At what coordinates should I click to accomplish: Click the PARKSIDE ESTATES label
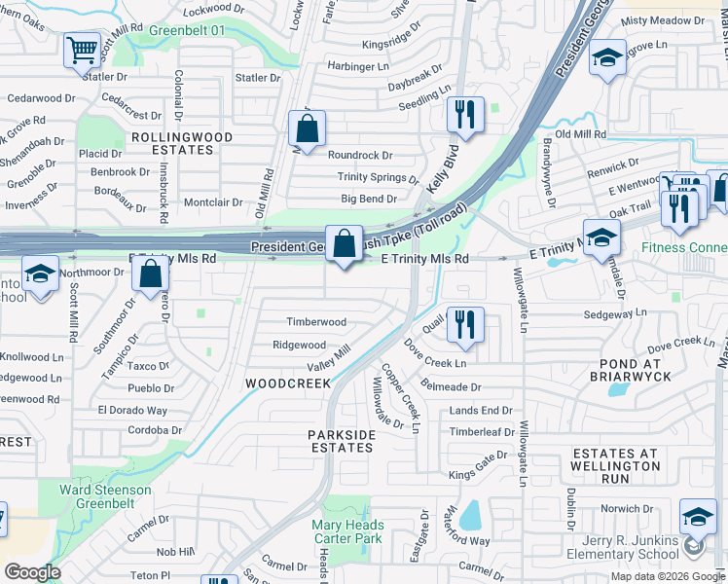(x=341, y=441)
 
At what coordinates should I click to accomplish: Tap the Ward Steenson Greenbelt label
(x=105, y=496)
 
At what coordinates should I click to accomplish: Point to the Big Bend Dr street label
(x=369, y=200)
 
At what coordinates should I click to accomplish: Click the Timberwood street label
(x=315, y=322)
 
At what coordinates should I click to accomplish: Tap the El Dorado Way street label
(x=132, y=411)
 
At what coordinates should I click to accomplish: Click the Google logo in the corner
(x=32, y=572)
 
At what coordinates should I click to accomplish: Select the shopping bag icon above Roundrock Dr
(x=308, y=129)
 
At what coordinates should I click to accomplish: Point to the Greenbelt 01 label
(x=187, y=31)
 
